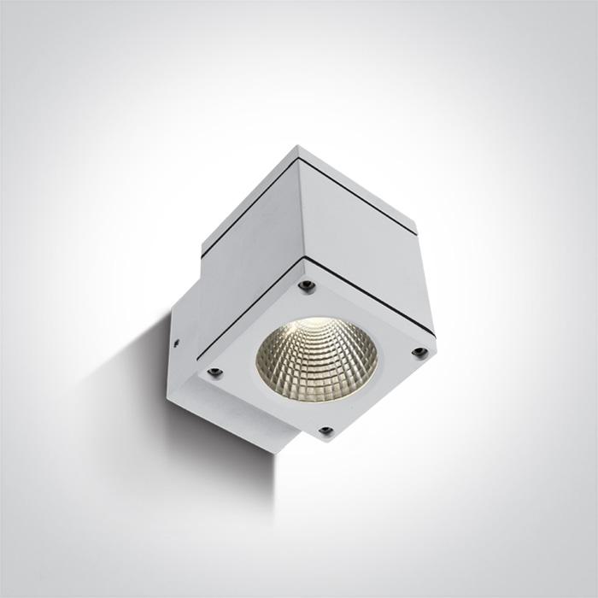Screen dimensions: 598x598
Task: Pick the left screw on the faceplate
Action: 214,372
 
